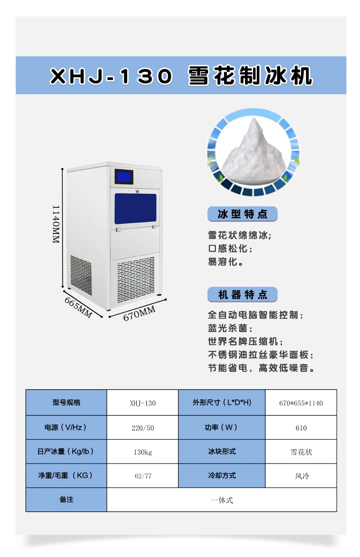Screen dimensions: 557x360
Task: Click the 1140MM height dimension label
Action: click(56, 224)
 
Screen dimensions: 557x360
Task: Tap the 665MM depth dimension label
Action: click(78, 307)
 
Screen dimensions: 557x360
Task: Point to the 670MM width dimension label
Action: click(139, 313)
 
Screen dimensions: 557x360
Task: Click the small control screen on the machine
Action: click(124, 177)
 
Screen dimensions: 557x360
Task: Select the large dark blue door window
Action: click(135, 209)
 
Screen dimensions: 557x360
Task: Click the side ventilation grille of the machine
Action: click(81, 275)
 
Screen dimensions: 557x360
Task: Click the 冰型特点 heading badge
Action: click(242, 214)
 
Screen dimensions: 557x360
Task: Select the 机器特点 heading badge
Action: click(242, 295)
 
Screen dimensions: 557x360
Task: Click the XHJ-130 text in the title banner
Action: click(111, 76)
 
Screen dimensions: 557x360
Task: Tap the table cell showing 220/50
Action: click(143, 428)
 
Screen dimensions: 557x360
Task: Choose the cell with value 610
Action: click(301, 428)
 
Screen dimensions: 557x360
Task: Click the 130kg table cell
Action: click(143, 452)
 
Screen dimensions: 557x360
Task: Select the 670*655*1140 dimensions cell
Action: click(301, 403)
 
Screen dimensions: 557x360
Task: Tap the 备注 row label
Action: click(66, 500)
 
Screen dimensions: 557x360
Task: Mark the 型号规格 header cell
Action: click(66, 402)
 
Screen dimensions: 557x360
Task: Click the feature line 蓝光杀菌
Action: click(230, 328)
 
